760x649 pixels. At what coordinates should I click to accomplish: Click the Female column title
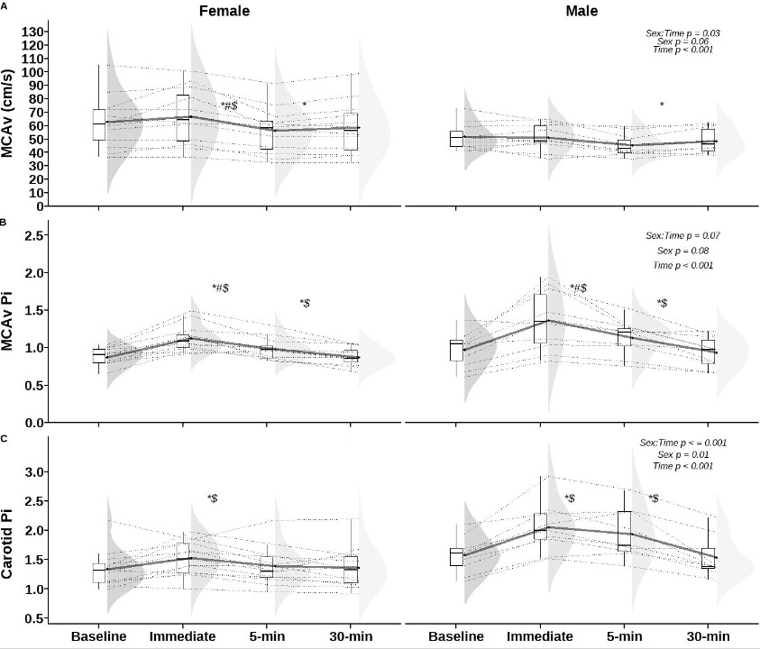(224, 12)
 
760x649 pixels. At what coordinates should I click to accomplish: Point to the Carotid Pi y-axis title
(8, 531)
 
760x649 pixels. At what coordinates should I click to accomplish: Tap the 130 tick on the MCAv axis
(32, 32)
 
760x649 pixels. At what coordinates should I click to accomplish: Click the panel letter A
(5, 5)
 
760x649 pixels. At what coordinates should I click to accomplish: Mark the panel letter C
(5, 439)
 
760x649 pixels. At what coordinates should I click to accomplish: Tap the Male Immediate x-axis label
(541, 636)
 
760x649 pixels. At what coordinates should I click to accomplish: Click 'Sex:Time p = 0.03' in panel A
(682, 33)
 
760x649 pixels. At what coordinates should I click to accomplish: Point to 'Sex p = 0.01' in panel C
(682, 454)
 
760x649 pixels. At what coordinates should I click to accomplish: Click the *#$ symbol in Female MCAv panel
(229, 106)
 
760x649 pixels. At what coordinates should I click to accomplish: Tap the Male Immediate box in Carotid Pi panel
(540, 526)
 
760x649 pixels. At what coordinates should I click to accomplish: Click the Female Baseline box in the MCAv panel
(99, 124)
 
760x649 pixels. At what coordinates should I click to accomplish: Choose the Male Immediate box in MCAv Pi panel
(541, 318)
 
